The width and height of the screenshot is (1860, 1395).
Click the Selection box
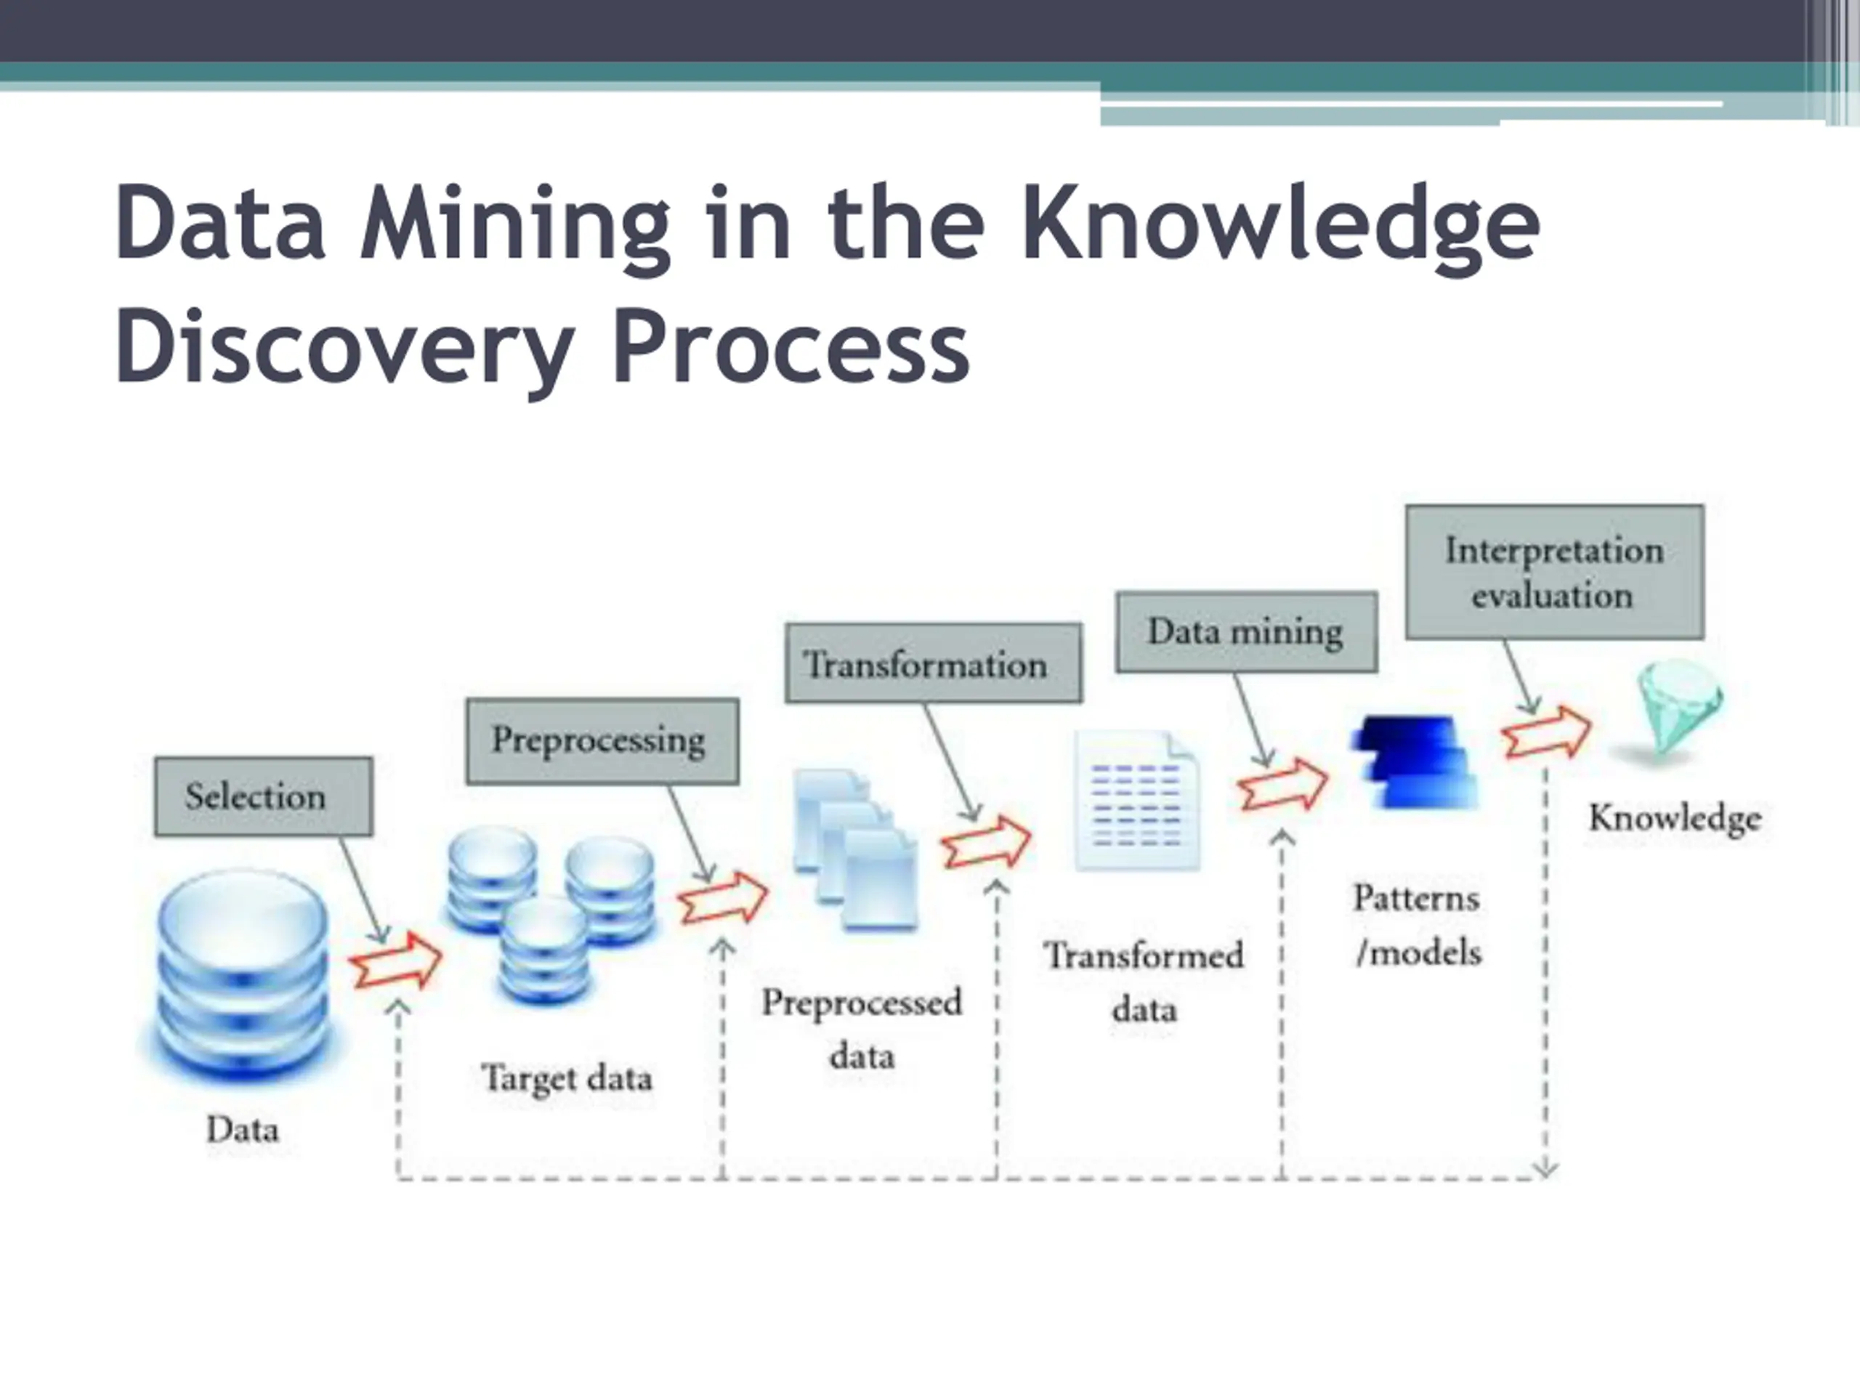[263, 796]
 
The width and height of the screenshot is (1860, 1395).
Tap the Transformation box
[934, 663]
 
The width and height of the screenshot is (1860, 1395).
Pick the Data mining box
[1246, 632]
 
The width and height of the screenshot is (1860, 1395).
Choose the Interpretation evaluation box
[1555, 573]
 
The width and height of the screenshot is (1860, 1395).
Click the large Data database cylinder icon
[243, 975]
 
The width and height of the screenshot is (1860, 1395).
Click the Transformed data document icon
[1137, 800]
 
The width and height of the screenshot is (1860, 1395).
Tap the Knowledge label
[1674, 818]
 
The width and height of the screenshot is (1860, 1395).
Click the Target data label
[566, 1078]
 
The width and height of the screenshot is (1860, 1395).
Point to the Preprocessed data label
[861, 1028]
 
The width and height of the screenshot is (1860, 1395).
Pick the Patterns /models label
[1418, 925]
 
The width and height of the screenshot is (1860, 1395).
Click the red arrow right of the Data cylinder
[395, 961]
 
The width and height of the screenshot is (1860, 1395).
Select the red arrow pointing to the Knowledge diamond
[1545, 732]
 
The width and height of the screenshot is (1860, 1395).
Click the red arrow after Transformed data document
[1282, 785]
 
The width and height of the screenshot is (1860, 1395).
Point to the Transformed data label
[1144, 982]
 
